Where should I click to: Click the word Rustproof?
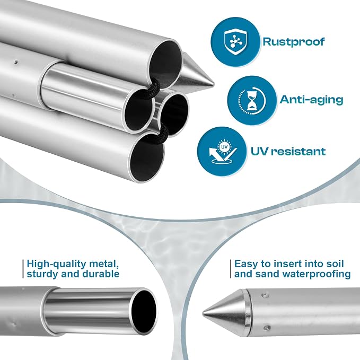click(293, 42)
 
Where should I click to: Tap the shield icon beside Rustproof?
click(235, 42)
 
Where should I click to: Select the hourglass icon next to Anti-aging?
click(252, 100)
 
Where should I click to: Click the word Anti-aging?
click(311, 100)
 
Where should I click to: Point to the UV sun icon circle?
click(224, 146)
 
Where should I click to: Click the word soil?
click(335, 264)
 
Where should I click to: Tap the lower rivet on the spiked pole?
click(266, 327)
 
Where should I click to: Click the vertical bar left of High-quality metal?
click(23, 269)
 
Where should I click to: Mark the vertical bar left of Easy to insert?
click(231, 269)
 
